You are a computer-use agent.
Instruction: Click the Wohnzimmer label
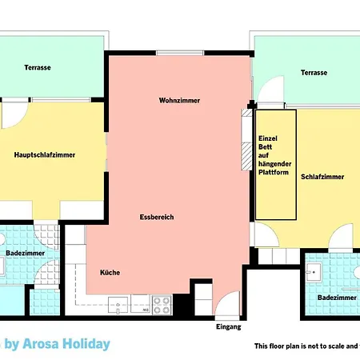tap(179, 100)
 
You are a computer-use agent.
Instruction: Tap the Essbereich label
tap(156, 217)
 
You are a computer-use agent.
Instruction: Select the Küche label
tap(110, 272)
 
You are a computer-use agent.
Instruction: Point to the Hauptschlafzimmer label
tap(45, 154)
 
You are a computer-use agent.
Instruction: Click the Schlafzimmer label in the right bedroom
tap(322, 176)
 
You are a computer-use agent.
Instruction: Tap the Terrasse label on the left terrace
tap(37, 68)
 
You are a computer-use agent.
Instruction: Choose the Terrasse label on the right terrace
tap(314, 72)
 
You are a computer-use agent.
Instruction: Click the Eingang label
tap(228, 327)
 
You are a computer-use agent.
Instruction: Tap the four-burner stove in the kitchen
tap(162, 304)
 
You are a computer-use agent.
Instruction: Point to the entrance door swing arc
tap(228, 302)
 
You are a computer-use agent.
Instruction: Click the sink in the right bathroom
tap(314, 273)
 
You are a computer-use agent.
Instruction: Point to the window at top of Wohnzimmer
tap(179, 54)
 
